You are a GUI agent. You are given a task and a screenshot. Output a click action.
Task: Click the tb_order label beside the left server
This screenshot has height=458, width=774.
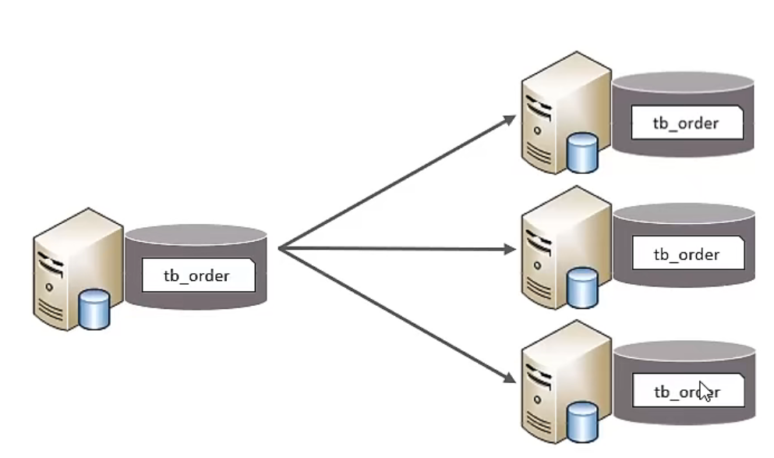pyautogui.click(x=198, y=275)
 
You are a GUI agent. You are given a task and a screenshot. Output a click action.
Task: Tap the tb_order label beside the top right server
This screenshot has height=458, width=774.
pyautogui.click(x=686, y=122)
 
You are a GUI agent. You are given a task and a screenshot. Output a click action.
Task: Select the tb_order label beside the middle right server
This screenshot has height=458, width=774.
pyautogui.click(x=686, y=254)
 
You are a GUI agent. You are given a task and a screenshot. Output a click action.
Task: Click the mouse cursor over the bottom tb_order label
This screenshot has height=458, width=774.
pyautogui.click(x=705, y=390)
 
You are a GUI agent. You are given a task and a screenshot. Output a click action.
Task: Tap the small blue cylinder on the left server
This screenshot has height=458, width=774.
pyautogui.click(x=94, y=308)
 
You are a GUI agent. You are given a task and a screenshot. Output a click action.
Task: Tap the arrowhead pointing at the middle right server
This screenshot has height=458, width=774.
pyautogui.click(x=510, y=250)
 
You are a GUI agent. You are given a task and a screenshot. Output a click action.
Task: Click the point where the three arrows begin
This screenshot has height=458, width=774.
pyautogui.click(x=279, y=249)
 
